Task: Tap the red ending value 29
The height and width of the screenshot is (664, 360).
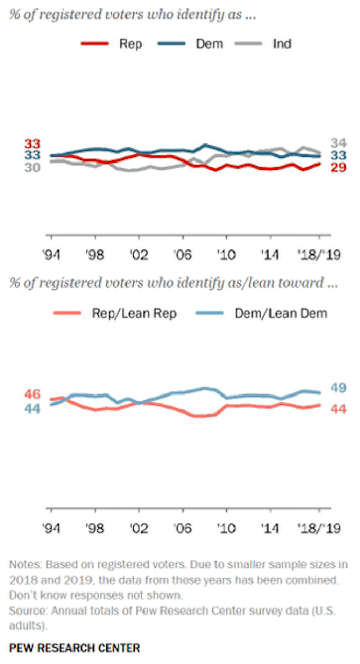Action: pos(337,167)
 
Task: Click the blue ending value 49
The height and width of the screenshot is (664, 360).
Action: pos(337,388)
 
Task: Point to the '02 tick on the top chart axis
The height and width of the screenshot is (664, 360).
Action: pos(138,256)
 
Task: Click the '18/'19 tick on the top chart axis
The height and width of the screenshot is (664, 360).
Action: pos(319,256)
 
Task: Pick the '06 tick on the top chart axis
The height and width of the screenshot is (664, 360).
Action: pos(183,256)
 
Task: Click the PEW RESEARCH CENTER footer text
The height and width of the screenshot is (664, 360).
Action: pos(75,648)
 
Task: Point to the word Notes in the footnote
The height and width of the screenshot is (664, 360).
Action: pos(23,564)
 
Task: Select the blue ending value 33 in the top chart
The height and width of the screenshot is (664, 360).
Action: pos(337,155)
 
